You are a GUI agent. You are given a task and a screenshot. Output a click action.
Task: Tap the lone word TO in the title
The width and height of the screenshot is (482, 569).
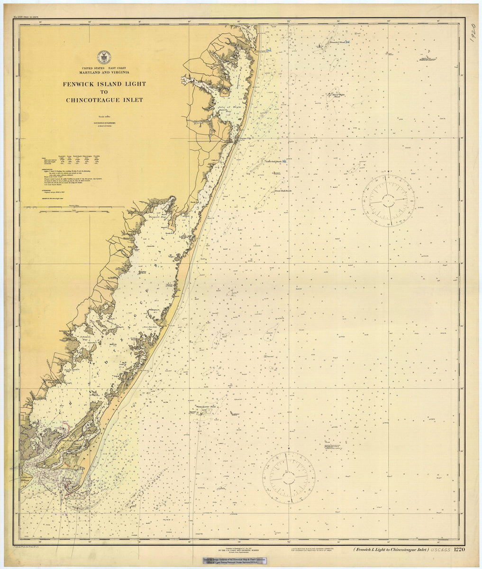(104, 92)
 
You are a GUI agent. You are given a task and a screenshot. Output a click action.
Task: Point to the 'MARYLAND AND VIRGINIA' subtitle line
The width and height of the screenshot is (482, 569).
(104, 73)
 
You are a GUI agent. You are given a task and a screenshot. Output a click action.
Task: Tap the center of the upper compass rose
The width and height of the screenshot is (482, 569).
(388, 198)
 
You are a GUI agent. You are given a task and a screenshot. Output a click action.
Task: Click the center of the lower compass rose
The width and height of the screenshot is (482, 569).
(289, 477)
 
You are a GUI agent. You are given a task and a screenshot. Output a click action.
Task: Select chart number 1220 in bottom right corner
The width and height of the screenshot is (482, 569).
(459, 550)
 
